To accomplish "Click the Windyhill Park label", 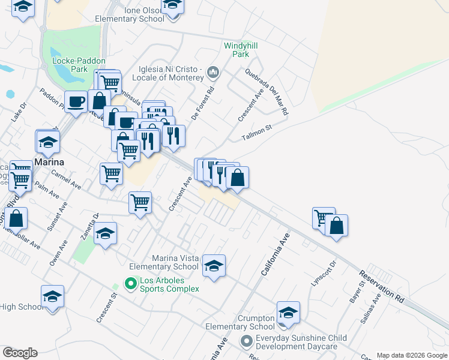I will click(236, 50).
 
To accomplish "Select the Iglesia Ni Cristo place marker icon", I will click(213, 74).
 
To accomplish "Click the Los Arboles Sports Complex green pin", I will click(130, 282).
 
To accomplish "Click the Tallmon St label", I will click(257, 133).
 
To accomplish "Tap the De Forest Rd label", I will click(203, 104).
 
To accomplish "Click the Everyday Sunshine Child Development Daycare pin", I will click(246, 342).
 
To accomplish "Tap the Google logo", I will click(20, 353).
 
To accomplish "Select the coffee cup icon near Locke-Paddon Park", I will click(76, 102).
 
